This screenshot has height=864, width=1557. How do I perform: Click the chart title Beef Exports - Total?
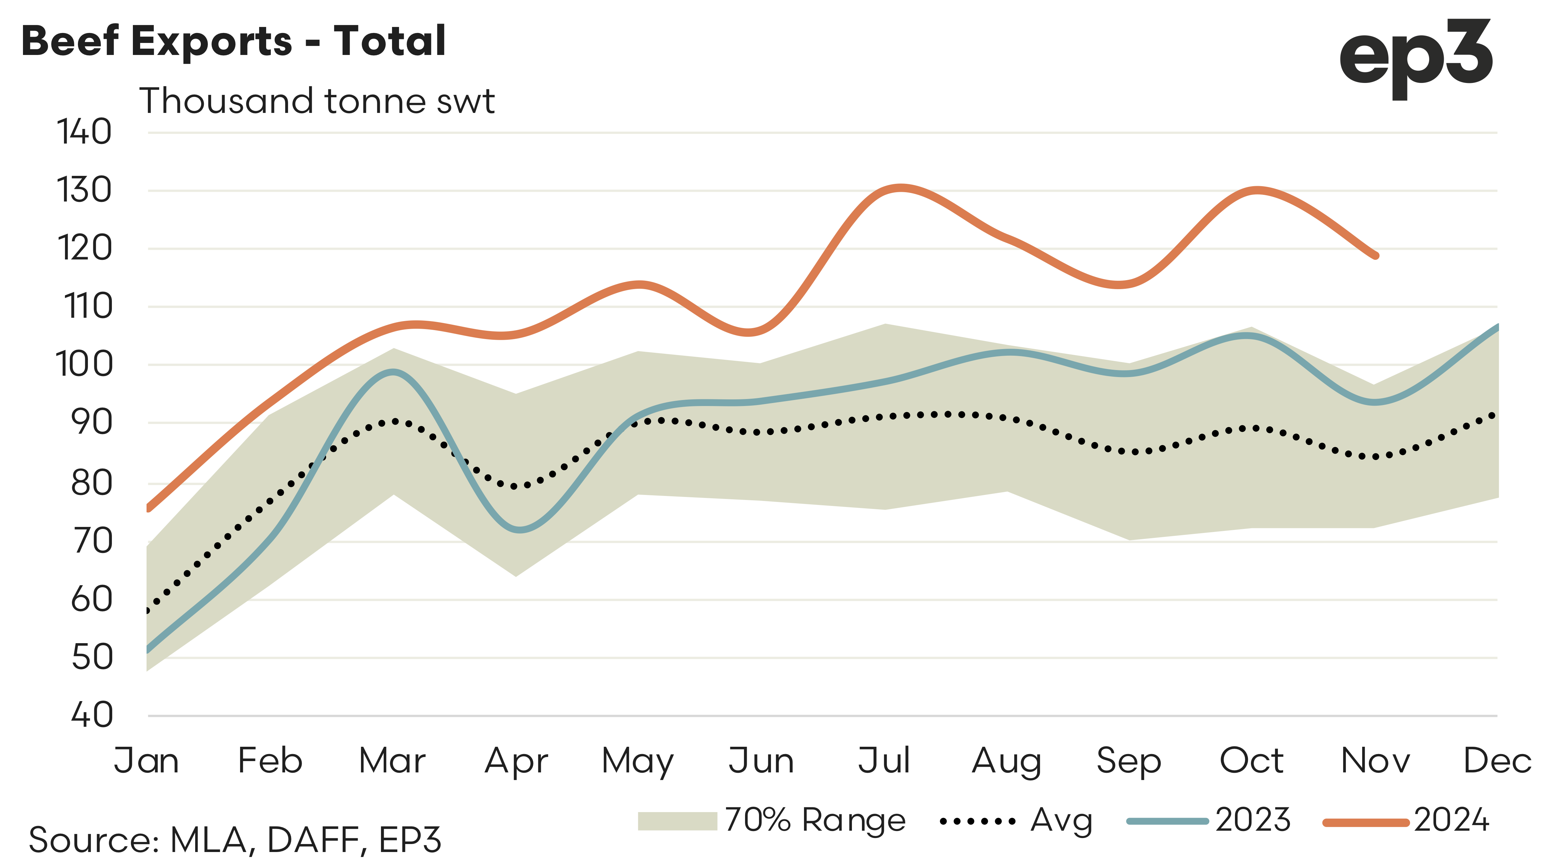tap(233, 41)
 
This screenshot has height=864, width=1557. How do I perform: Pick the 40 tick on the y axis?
tap(92, 715)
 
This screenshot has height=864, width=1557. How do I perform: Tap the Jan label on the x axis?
tap(147, 761)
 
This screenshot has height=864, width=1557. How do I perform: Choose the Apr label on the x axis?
tap(516, 761)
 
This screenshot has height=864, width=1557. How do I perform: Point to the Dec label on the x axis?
tap(1497, 761)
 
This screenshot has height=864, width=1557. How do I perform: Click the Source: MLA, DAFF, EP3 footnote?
tap(235, 840)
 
